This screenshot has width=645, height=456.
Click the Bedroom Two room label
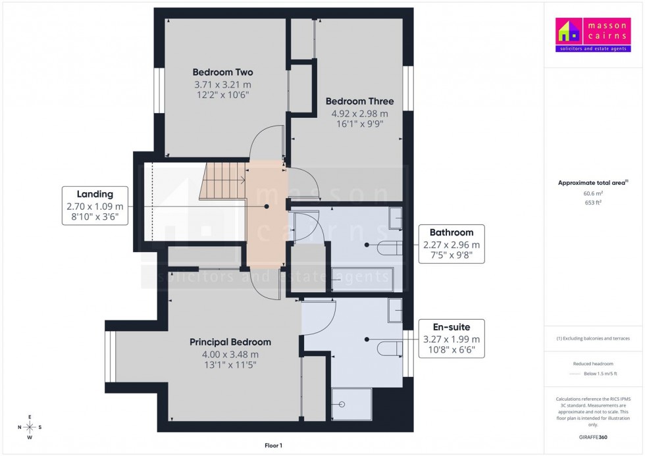point(222,72)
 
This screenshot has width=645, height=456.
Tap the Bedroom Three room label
point(359,101)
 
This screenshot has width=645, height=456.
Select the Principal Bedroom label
point(230,342)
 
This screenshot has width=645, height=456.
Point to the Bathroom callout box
point(451,243)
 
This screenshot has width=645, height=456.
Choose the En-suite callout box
point(451,338)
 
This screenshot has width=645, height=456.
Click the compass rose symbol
point(30,427)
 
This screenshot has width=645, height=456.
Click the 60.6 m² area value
point(593,193)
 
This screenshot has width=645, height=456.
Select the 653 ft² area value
point(593,203)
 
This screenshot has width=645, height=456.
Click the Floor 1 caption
point(272,445)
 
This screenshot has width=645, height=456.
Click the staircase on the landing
point(222,181)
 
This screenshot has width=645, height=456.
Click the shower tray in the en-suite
point(351,403)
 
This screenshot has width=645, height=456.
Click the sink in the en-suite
point(395,311)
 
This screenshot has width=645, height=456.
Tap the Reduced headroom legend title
point(593,363)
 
